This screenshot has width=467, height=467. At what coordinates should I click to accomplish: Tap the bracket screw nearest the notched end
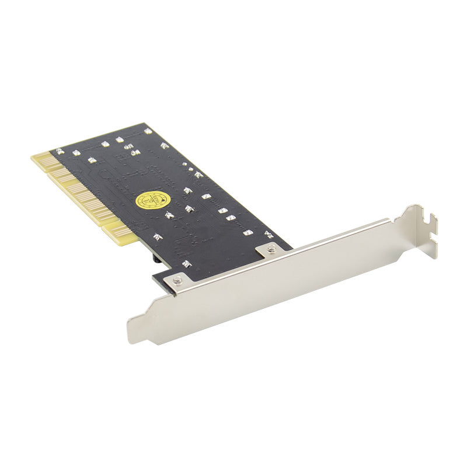(271, 250)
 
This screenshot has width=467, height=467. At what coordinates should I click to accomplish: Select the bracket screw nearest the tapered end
(177, 282)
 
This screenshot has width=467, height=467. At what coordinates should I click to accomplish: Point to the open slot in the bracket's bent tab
(433, 222)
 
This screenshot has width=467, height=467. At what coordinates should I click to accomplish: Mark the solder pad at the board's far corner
(148, 131)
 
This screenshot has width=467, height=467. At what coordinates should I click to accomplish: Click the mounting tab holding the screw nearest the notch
(271, 249)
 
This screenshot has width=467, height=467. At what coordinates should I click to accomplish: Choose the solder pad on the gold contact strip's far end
(59, 151)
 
